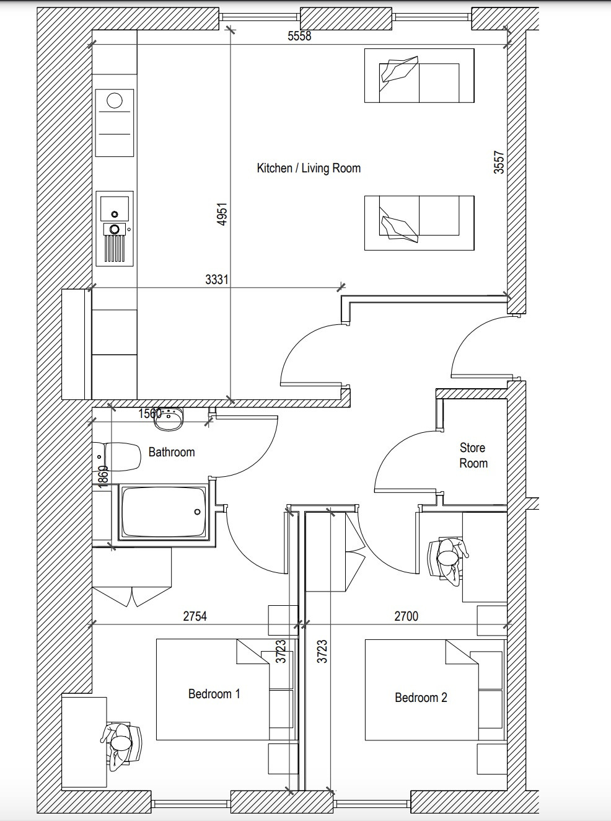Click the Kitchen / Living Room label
[309, 168]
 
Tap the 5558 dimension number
[299, 36]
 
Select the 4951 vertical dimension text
[222, 213]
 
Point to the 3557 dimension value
[499, 162]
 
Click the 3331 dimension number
[217, 280]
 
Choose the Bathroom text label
[172, 452]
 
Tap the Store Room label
[473, 455]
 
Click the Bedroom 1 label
[214, 694]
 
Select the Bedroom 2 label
[421, 698]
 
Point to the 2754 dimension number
[195, 616]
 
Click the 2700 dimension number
[406, 616]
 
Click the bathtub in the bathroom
[164, 512]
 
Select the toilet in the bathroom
[117, 456]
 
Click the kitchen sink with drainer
[115, 228]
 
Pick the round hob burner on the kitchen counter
[115, 100]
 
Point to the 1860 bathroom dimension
[103, 476]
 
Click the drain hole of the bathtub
[197, 512]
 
